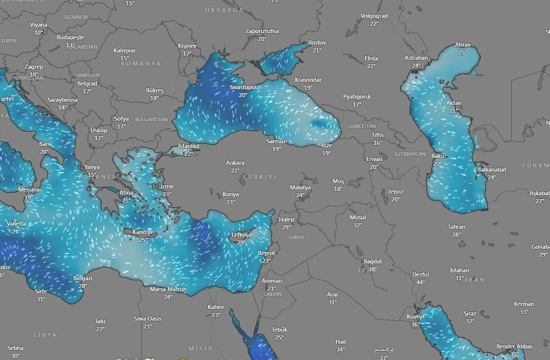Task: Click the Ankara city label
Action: tap(235, 163)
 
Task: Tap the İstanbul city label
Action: tap(189, 146)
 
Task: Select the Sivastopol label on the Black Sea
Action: tap(243, 88)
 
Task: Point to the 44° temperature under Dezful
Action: tap(420, 282)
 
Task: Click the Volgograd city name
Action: tap(374, 16)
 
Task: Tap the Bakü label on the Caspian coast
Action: tap(438, 156)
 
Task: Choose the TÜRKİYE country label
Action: tap(260, 177)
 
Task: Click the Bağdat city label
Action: tap(372, 261)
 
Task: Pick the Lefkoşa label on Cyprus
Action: tap(241, 235)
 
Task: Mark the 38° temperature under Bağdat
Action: tap(372, 269)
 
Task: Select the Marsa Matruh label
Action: tap(168, 289)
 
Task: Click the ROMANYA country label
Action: tap(141, 63)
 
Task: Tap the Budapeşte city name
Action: tap(70, 38)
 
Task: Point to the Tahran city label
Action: tap(456, 227)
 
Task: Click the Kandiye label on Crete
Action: tap(143, 232)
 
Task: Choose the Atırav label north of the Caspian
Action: tap(462, 45)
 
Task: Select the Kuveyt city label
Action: tap(416, 316)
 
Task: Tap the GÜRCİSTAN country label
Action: tap(362, 126)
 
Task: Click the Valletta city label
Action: tap(16, 224)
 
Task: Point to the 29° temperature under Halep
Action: tap(286, 227)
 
